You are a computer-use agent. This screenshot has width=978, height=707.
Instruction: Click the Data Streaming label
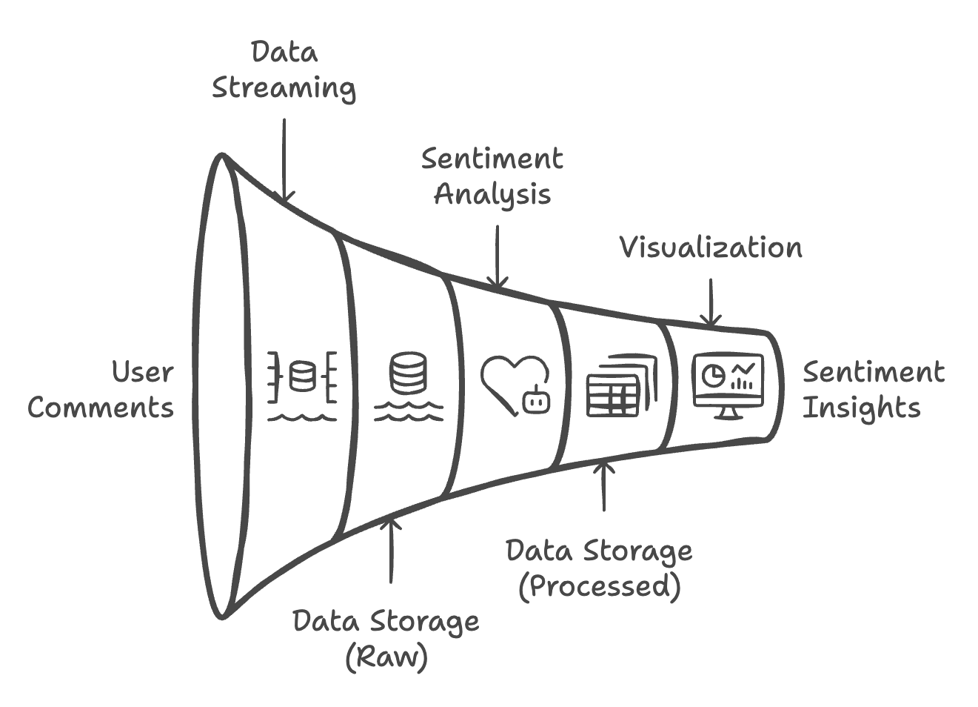point(284,70)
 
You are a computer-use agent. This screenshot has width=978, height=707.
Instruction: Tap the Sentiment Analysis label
point(492,176)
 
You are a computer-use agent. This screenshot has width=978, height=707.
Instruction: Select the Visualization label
point(710,248)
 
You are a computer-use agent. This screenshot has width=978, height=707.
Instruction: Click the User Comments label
point(101,390)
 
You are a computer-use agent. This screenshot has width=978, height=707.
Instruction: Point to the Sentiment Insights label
point(873,390)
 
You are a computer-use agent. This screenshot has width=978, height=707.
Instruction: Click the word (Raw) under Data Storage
point(386,657)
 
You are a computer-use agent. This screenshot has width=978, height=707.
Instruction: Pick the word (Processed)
point(599,585)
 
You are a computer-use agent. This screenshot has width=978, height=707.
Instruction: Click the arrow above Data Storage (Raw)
point(391,548)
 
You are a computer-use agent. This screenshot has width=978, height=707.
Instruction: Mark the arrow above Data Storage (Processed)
point(604,485)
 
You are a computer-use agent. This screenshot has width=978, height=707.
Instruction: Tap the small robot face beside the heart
point(536,401)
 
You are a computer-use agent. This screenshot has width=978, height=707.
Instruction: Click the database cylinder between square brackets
point(302,376)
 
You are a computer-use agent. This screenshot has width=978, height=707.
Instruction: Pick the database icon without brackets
point(408,374)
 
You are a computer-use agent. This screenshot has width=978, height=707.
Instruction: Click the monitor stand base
point(728,415)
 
